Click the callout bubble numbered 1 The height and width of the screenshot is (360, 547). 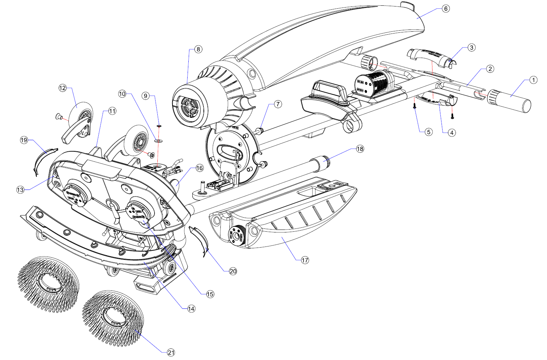(x=533, y=80)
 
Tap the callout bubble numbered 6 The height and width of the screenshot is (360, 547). (x=446, y=8)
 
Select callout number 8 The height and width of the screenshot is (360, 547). (x=198, y=49)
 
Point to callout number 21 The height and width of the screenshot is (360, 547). (x=171, y=352)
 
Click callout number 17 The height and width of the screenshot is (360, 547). (x=305, y=260)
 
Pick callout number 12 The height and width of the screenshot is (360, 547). (x=63, y=88)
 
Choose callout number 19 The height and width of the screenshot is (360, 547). (x=24, y=140)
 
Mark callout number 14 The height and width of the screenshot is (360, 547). (x=191, y=308)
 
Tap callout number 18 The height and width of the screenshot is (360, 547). (x=360, y=149)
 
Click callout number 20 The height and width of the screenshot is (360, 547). (x=233, y=271)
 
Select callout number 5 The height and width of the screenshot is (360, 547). (x=429, y=132)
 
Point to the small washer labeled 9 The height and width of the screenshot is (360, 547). (x=159, y=126)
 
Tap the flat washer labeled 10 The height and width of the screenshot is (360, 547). (x=158, y=139)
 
